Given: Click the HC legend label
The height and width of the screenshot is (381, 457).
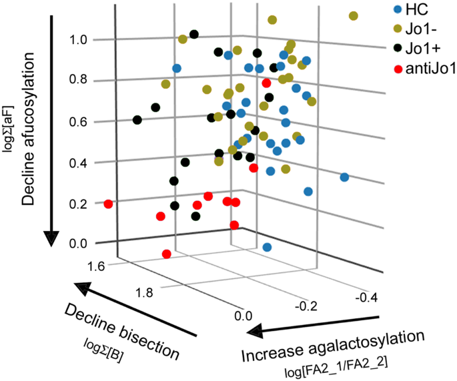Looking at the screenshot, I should [416, 11].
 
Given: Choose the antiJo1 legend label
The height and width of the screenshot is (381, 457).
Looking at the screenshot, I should [428, 68].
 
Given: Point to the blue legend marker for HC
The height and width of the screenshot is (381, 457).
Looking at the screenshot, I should [398, 11].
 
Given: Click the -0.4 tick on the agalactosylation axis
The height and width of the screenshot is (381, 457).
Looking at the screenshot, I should [367, 295].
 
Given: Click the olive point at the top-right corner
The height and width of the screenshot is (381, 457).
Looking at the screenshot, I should [353, 16].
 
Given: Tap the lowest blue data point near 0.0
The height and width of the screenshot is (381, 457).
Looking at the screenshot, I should [267, 248].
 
